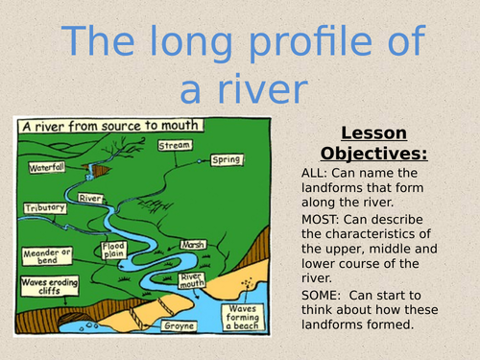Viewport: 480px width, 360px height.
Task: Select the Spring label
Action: point(227,159)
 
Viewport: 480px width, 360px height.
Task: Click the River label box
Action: point(91,199)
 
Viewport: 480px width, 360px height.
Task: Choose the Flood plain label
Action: point(114,252)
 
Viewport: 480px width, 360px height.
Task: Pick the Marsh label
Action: point(193,245)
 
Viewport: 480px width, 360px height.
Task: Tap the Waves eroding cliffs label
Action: point(45,288)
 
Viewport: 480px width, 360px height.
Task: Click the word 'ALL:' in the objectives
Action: point(316,173)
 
